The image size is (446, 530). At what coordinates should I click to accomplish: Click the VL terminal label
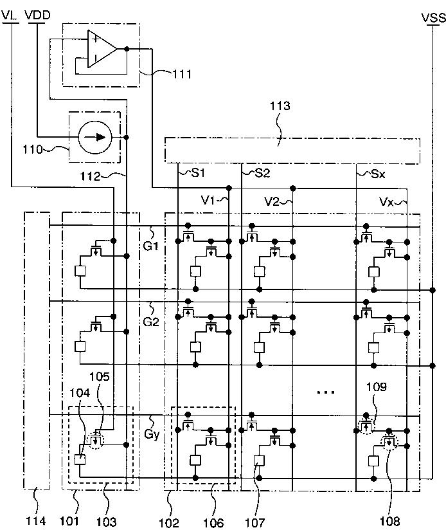coord(10,15)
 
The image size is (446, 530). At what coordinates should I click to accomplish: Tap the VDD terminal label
coord(37,15)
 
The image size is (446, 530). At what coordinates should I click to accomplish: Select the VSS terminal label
coord(434,17)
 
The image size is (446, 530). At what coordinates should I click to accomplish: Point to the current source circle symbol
coord(95,137)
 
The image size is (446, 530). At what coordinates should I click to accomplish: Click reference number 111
coord(182,74)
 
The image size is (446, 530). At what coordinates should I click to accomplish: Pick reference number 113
coord(280,105)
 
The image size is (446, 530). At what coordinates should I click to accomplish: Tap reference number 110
coord(32,149)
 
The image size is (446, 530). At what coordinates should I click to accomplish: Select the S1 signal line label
coord(198,173)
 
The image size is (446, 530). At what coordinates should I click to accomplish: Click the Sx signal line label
coord(378,174)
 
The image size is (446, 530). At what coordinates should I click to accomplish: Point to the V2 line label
coord(271,202)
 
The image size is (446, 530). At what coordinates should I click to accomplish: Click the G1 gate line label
coord(150,246)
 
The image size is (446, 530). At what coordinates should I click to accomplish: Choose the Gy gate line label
coord(152,434)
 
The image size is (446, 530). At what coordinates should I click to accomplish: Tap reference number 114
coord(35,520)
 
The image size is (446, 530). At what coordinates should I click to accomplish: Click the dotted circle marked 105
coord(97,441)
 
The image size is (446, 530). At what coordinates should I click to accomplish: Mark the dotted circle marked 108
coord(389,441)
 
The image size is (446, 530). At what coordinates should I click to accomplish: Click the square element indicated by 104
coord(80,460)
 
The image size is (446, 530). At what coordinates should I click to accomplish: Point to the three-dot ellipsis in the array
coord(326,392)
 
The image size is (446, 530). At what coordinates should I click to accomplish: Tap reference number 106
coord(213,522)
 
